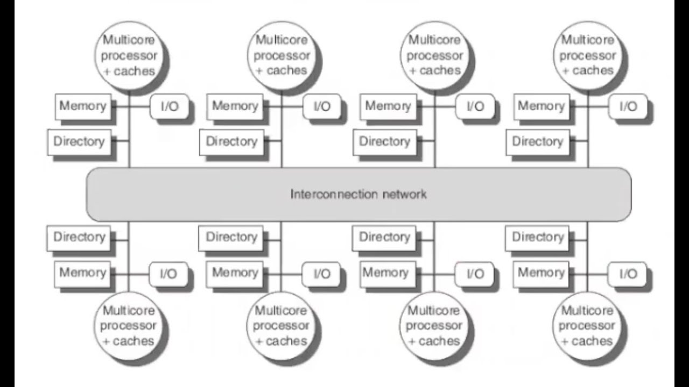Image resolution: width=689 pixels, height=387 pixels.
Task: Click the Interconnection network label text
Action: [x=358, y=194]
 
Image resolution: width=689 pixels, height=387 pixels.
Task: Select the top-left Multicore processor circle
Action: [x=129, y=55]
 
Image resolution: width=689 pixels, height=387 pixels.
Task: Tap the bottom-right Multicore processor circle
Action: [x=587, y=325]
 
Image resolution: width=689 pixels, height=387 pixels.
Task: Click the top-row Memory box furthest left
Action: [x=82, y=106]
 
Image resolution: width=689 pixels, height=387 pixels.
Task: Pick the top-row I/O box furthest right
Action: [x=628, y=106]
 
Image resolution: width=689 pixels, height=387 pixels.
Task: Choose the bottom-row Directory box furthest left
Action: [x=79, y=237]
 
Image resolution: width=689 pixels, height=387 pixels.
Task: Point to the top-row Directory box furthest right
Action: [x=537, y=142]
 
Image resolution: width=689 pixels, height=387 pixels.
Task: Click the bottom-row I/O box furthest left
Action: [x=168, y=274]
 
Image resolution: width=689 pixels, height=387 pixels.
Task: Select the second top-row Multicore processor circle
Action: [x=282, y=55]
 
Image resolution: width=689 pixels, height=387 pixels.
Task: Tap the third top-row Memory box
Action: [x=388, y=106]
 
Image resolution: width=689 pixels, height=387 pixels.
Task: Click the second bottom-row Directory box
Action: [x=231, y=237]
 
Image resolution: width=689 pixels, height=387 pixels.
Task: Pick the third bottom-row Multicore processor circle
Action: [x=434, y=325]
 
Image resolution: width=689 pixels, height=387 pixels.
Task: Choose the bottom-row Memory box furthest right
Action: [x=540, y=273]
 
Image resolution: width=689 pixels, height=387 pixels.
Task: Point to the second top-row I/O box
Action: [x=322, y=106]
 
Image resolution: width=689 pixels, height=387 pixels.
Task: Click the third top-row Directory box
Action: [x=384, y=142]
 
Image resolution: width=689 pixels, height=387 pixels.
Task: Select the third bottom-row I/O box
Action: [x=475, y=274]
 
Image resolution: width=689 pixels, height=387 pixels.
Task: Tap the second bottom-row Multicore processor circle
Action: [x=281, y=325]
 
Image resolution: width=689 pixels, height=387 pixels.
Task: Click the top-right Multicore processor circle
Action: [x=587, y=55]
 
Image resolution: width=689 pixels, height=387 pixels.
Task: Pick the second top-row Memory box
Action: [x=235, y=106]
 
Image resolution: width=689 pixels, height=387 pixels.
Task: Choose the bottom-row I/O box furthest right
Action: [x=628, y=274]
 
